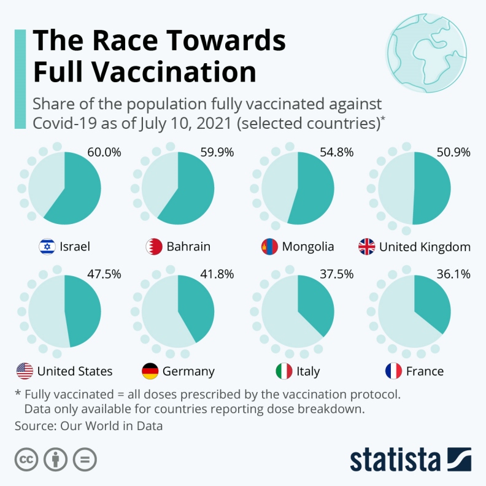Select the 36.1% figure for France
[454, 275]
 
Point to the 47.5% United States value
[104, 275]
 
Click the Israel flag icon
[47, 247]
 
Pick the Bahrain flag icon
[153, 247]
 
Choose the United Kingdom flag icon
[366, 247]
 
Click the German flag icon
[150, 371]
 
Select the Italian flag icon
[283, 371]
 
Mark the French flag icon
[393, 371]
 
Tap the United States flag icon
[25, 371]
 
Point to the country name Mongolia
[308, 247]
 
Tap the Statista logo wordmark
[395, 460]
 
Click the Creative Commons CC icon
[26, 460]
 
